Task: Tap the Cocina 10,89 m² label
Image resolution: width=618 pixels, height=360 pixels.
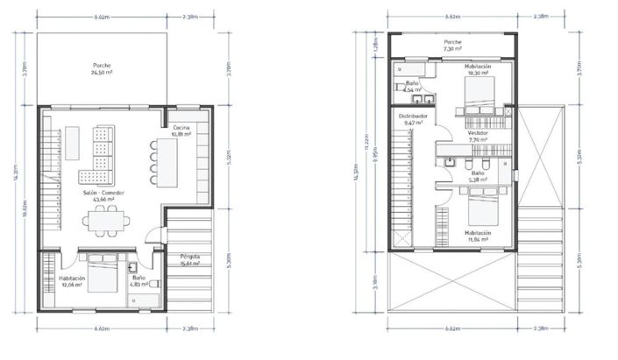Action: (181, 131)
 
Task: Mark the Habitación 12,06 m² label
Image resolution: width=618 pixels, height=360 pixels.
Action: (71, 281)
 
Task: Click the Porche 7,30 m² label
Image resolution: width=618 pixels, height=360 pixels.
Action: (453, 46)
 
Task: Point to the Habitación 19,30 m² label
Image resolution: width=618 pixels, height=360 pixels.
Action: (478, 70)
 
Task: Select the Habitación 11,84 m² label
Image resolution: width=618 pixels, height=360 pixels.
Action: (479, 236)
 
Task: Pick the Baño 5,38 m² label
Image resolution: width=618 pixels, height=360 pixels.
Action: (477, 175)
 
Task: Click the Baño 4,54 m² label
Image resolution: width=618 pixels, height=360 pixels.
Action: (413, 87)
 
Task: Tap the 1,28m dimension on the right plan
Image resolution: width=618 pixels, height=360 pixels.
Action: (375, 43)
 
